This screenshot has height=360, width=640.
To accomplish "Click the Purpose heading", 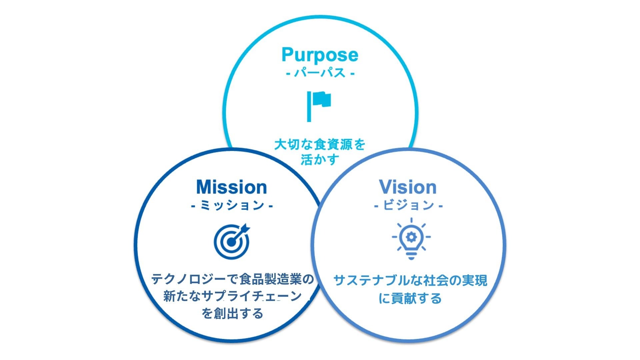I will (x=320, y=55).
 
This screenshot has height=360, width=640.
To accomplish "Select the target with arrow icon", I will (x=232, y=241).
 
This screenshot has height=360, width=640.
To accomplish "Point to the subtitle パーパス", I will (x=320, y=73).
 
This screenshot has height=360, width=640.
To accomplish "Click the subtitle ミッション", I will (x=232, y=205).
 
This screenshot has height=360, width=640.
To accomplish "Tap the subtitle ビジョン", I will (x=408, y=205).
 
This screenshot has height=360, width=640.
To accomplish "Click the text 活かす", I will (x=320, y=160).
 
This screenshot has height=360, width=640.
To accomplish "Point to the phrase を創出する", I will (x=232, y=313).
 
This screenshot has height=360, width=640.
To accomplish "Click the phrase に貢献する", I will (x=410, y=298).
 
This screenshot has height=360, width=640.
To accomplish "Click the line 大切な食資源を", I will (x=320, y=145).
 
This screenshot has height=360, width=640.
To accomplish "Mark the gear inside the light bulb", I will (x=411, y=237).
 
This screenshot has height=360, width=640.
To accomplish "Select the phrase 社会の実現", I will (x=455, y=280).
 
